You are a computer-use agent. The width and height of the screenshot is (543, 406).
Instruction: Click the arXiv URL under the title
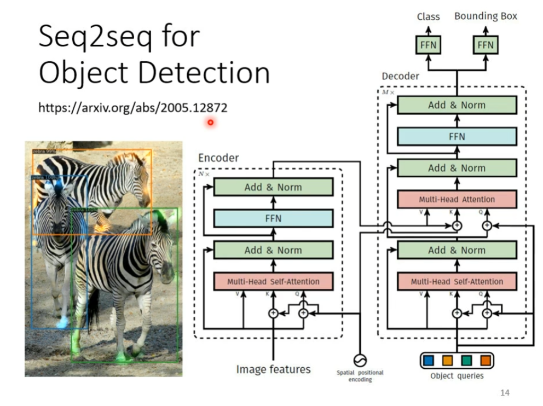(x=132, y=108)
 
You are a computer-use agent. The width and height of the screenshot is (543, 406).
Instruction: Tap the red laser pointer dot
(x=210, y=123)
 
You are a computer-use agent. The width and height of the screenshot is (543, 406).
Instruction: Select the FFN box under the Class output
(x=428, y=45)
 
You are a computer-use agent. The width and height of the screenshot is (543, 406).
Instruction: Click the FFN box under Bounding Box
(x=485, y=45)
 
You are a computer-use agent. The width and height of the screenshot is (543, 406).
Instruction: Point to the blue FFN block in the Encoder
(x=273, y=218)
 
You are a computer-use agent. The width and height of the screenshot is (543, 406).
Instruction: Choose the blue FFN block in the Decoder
(x=457, y=136)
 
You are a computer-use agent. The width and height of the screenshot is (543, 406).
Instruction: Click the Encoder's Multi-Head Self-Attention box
(x=273, y=281)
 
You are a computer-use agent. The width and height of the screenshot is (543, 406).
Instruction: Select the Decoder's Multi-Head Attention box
(x=457, y=199)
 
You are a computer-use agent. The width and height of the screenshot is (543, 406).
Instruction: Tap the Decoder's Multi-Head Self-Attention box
(x=457, y=281)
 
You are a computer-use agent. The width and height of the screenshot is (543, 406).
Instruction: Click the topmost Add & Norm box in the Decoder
(x=457, y=105)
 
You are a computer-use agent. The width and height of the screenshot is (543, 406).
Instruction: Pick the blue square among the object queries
(x=429, y=361)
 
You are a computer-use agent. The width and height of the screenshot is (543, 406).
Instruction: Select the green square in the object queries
(x=466, y=361)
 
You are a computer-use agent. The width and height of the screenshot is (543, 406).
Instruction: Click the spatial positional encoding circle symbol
(x=360, y=360)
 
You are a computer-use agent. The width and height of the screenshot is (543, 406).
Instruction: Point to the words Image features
(x=273, y=369)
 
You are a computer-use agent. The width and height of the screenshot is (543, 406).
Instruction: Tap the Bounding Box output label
(x=486, y=16)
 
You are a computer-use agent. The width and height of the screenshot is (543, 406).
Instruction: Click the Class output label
(x=428, y=16)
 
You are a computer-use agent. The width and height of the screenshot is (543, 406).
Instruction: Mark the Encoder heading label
(x=218, y=158)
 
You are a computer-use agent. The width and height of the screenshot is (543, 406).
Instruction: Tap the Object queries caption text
(x=457, y=376)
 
